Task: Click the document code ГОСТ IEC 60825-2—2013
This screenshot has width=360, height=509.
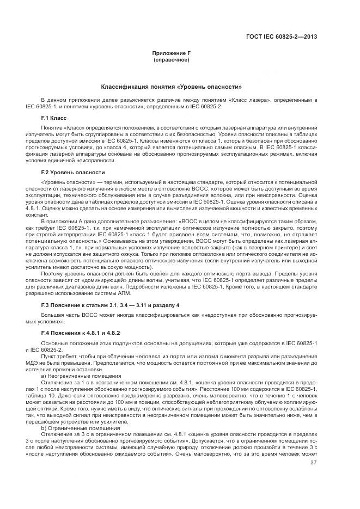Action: pyautogui.click(x=282, y=38)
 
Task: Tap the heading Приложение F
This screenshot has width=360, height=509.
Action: pyautogui.click(x=172, y=53)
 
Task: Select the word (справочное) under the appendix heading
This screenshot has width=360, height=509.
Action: pyautogui.click(x=172, y=59)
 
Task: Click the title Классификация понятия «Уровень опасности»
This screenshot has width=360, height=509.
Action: pyautogui.click(x=172, y=87)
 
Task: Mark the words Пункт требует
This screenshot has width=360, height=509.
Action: pyautogui.click(x=60, y=354)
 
